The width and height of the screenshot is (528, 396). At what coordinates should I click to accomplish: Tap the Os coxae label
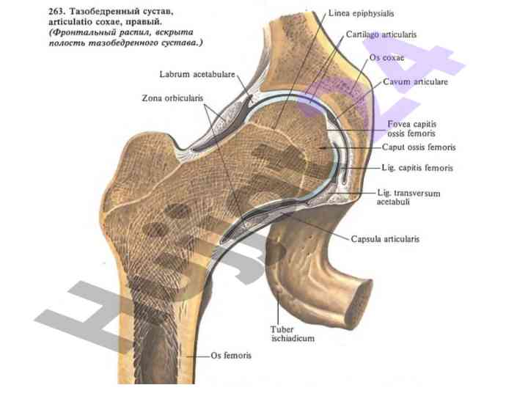click(x=388, y=57)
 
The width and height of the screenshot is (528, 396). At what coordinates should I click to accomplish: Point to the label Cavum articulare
click(x=415, y=82)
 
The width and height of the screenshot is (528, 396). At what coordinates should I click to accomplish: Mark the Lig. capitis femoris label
click(x=417, y=168)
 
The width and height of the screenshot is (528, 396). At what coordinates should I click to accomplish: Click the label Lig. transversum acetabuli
click(x=407, y=197)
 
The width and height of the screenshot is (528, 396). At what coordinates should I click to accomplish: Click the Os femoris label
click(x=231, y=356)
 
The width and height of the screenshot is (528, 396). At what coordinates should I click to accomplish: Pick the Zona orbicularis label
click(x=172, y=98)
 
